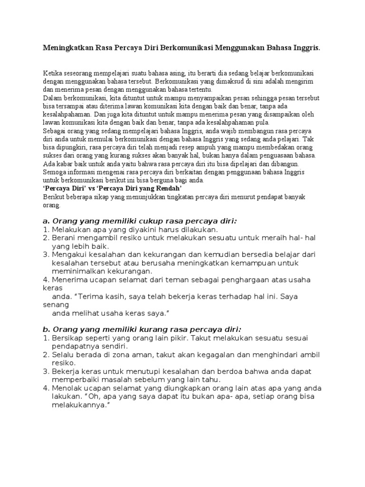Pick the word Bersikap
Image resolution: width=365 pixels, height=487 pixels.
pyautogui.click(x=68, y=338)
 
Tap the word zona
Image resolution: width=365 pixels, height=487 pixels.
pyautogui.click(x=127, y=355)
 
